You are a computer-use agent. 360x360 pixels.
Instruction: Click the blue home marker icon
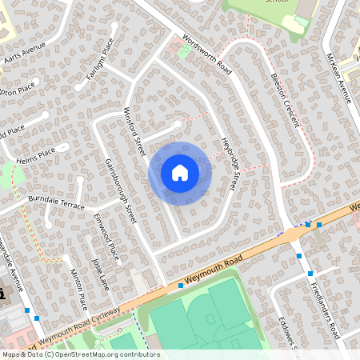point(180,172)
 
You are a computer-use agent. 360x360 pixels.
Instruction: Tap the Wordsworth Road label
point(206,54)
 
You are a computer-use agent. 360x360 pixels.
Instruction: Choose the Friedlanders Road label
point(325,308)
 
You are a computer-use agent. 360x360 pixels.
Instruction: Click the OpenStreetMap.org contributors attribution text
point(104,354)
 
